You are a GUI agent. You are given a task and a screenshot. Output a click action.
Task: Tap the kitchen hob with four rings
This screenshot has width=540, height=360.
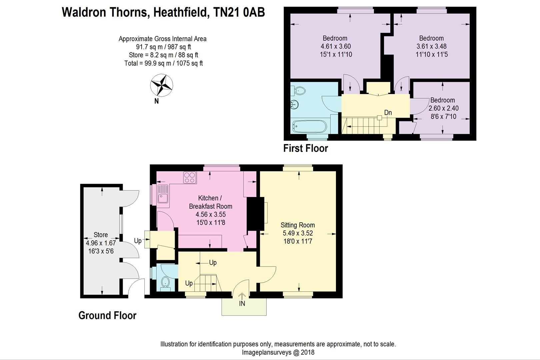(190, 177)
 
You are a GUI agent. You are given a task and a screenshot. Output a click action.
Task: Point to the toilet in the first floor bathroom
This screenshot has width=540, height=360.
(299, 90)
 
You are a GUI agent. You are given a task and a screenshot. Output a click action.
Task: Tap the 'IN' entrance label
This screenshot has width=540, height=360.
(242, 303)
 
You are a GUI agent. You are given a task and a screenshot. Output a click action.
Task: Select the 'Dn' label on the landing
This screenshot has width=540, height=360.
(388, 113)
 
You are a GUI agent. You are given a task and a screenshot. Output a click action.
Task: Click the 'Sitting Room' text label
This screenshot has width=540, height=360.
(297, 225)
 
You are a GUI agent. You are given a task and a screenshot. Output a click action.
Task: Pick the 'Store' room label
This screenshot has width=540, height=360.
(101, 235)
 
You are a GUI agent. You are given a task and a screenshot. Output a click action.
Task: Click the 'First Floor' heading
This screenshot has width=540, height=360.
(306, 148)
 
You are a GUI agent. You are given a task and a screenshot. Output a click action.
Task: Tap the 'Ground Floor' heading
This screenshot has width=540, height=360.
(107, 315)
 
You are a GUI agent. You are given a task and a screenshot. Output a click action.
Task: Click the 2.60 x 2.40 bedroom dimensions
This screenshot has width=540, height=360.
(443, 108)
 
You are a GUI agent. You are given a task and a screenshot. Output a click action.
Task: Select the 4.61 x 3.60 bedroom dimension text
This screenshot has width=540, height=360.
(335, 46)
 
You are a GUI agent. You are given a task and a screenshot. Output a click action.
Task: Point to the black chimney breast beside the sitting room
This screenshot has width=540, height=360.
(254, 213)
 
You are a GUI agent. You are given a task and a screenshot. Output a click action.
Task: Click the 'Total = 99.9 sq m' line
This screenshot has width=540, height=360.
(163, 63)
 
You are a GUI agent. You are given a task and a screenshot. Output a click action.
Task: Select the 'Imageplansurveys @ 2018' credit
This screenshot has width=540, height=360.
(278, 352)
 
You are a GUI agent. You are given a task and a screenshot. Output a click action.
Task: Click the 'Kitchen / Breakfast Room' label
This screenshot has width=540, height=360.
(210, 202)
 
